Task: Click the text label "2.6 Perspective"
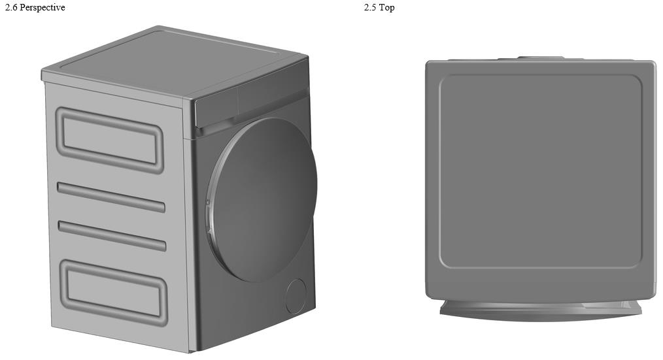[35, 8]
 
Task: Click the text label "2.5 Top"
[379, 8]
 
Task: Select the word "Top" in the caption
[387, 8]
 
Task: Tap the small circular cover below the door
[296, 296]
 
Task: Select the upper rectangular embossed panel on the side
[110, 139]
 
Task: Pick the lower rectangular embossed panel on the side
[113, 292]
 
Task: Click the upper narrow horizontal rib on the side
[111, 197]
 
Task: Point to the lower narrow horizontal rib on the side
[112, 236]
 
